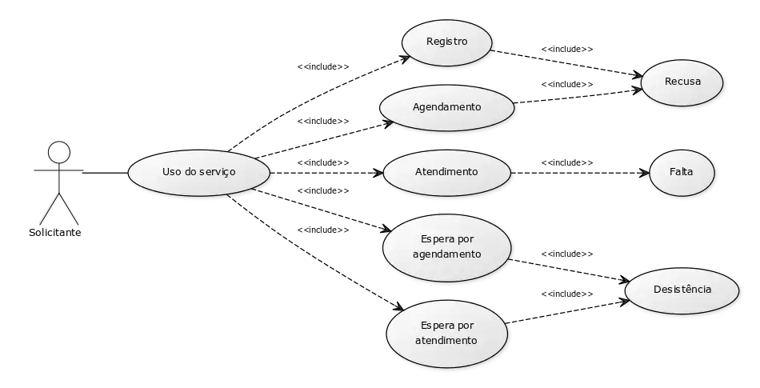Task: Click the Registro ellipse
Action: pos(446,42)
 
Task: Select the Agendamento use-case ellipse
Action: pos(446,106)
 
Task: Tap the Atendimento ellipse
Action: pos(446,172)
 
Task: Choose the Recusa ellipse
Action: pos(682,82)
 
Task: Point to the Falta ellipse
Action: pos(682,172)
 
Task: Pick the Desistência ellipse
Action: pos(682,290)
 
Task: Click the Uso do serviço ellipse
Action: pos(198,172)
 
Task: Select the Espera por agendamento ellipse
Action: pos(446,247)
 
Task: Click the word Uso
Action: pos(171,172)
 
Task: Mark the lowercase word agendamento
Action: pos(446,255)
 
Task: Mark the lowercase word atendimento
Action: pos(446,341)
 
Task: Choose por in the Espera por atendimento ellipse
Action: pos(466,326)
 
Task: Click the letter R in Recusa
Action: pos(668,82)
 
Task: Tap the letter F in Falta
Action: pos(672,172)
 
